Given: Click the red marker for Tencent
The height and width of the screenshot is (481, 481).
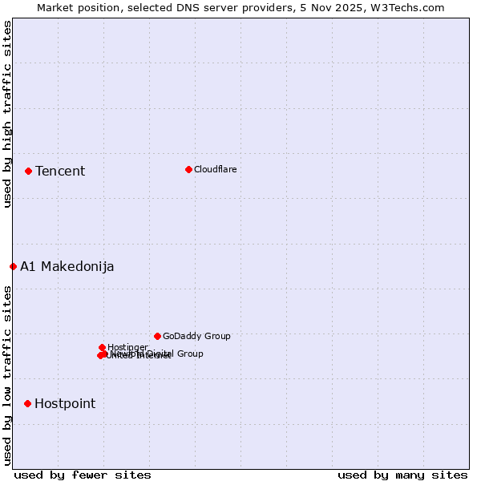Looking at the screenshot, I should coord(28,171).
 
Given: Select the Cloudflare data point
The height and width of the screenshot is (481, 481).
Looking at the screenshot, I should coord(188,169).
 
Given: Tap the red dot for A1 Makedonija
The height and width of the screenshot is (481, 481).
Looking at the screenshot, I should coord(13,266).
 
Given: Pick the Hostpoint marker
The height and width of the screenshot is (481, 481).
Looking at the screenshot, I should coord(27,403).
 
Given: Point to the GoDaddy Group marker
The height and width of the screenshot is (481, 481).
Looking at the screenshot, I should coord(157,336).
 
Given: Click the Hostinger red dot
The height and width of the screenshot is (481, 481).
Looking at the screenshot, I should coord(102,347).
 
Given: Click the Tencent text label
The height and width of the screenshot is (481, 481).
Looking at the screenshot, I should coord(60,171).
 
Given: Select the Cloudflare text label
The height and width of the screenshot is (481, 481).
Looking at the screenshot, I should coord(215,169).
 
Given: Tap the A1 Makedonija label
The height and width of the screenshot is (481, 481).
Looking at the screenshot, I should coord(67,266).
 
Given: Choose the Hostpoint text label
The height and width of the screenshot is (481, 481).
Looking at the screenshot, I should coord(65,403).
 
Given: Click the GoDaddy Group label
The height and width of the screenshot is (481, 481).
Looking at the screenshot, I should coord(196,336).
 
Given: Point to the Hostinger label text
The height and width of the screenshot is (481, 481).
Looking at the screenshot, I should coord(127,347).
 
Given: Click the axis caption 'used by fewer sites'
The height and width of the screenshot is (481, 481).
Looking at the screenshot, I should coord(83,475).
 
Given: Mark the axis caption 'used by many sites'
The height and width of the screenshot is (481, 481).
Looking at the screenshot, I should coord(402,475).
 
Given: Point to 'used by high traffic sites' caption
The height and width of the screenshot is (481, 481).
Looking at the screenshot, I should coord(7,114).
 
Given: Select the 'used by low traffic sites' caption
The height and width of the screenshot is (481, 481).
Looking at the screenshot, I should coord(7,375).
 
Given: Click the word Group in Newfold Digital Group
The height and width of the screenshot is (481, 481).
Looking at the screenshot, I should coord(189,354).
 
